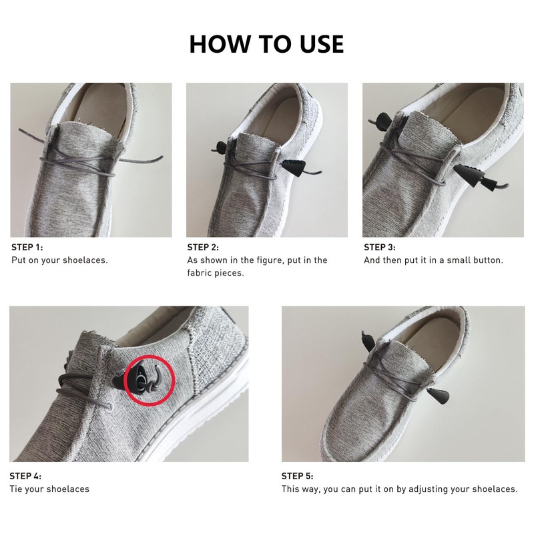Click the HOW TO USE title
click(x=266, y=44)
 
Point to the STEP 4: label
click(x=26, y=476)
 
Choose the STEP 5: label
click(x=298, y=476)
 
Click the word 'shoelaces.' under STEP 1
click(x=86, y=260)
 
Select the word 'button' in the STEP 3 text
click(x=488, y=260)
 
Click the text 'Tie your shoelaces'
click(x=49, y=489)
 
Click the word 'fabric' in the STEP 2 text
click(x=201, y=273)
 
